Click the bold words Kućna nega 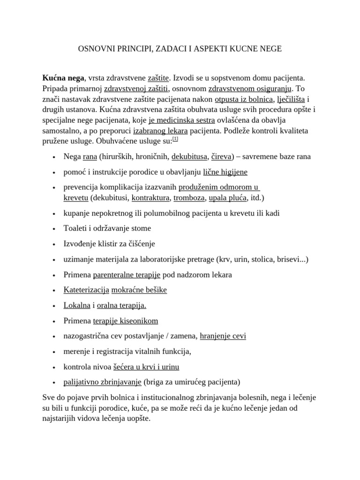point(63,77)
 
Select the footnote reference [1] point(175,139)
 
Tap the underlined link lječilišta point(292,98)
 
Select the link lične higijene point(225,172)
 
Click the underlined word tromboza point(189,198)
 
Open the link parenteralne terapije point(127,274)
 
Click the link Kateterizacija point(86,290)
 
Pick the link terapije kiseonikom point(126,321)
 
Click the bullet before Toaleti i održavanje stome point(55,229)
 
